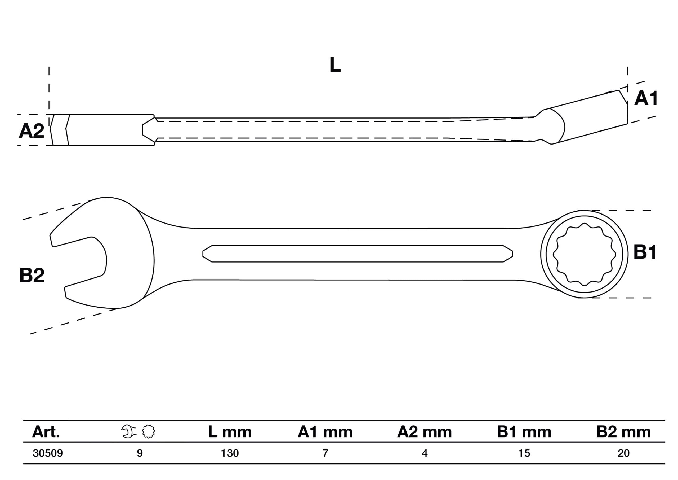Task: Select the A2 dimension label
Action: click(32, 131)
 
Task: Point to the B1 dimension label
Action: click(645, 252)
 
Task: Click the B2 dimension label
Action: click(32, 275)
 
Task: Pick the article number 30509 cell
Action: click(48, 453)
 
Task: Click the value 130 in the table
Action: click(230, 453)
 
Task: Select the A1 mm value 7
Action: click(325, 453)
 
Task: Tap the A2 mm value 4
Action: click(425, 453)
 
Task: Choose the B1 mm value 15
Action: click(524, 453)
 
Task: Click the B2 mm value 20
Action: click(623, 453)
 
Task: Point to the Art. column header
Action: click(46, 432)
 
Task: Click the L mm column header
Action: click(230, 432)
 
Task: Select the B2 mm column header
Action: click(624, 432)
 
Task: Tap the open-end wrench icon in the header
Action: click(129, 431)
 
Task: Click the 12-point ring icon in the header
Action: click(148, 431)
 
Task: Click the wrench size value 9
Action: click(140, 453)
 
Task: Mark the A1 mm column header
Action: click(325, 432)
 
